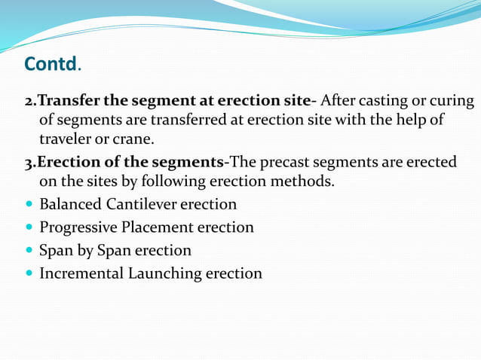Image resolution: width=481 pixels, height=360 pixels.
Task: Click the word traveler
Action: pos(65,139)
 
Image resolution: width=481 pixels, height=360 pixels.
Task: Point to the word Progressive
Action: pos(78,227)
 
